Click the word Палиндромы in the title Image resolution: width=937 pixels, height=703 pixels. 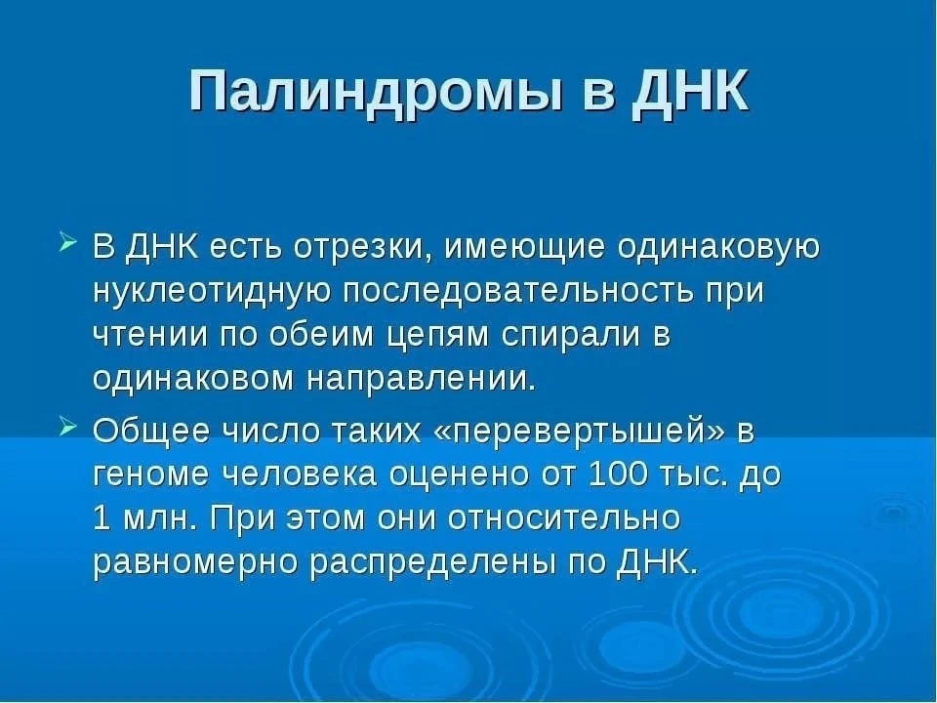[376, 92]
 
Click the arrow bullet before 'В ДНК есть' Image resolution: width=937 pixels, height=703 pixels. [67, 244]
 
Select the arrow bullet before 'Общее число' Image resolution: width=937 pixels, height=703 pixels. [67, 427]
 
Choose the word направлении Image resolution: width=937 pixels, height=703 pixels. [420, 379]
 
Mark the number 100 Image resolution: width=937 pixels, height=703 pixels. [618, 475]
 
